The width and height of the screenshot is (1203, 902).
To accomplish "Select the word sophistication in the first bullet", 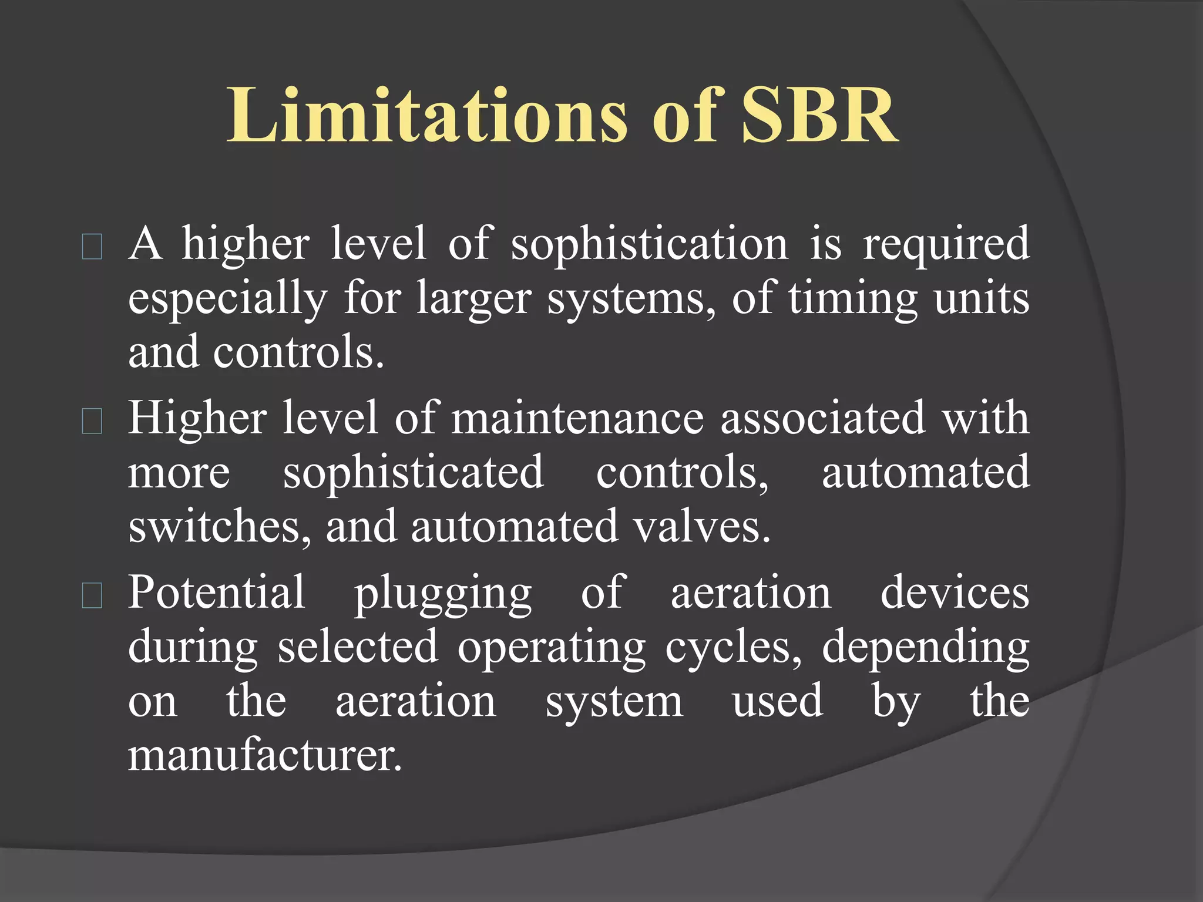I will point(649,244).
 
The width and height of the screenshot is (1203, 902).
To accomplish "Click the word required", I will point(946,244).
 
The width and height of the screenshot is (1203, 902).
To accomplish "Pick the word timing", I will point(852,298).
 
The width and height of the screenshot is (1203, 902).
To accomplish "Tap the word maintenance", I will point(577,418).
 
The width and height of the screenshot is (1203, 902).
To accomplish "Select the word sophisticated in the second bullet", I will point(414,473).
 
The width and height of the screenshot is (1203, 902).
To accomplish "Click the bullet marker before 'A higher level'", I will point(92,247).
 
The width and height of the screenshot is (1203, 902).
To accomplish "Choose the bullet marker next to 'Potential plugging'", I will point(92,595).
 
